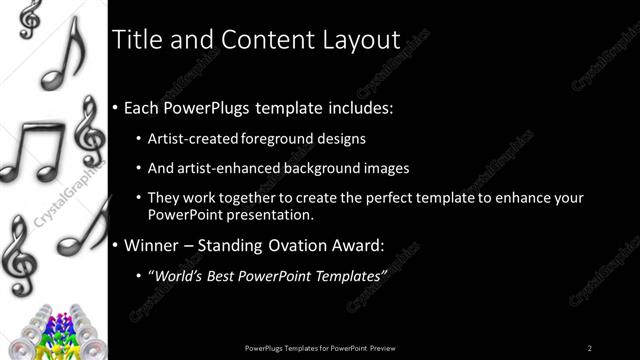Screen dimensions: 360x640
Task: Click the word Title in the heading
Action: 135,40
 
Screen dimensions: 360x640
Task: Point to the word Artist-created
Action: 191,139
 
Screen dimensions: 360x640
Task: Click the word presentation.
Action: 270,215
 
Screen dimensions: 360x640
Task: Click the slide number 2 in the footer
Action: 590,347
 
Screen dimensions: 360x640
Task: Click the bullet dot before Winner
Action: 116,244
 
